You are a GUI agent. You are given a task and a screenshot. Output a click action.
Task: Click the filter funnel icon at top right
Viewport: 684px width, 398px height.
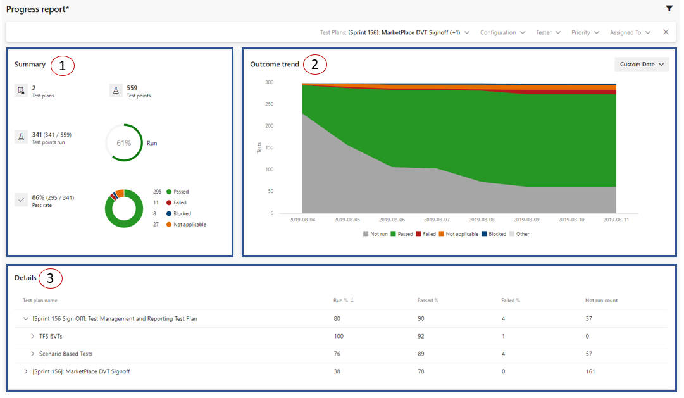click(x=669, y=9)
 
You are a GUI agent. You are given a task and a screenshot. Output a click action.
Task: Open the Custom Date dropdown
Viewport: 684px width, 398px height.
click(x=642, y=65)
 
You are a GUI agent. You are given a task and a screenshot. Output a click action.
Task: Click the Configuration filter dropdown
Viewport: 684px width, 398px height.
click(x=502, y=32)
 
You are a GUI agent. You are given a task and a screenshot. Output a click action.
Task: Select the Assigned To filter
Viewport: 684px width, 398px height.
click(x=630, y=32)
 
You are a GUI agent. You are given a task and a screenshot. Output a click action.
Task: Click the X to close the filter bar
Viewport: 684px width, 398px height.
click(x=666, y=32)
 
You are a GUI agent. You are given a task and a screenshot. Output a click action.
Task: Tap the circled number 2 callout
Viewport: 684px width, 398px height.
click(x=315, y=65)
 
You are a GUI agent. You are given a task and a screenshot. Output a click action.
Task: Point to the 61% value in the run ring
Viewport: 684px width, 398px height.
click(x=124, y=143)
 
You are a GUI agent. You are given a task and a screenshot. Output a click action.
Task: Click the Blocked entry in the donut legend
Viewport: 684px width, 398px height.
click(x=182, y=214)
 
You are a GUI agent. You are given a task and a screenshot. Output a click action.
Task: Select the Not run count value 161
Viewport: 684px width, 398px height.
click(x=590, y=371)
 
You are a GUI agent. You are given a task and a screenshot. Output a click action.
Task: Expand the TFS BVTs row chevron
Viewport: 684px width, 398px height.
click(x=33, y=336)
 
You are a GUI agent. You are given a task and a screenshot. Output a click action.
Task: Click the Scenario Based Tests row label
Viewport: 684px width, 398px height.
click(x=66, y=354)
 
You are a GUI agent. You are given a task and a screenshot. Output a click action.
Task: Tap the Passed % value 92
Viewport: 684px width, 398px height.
click(x=421, y=336)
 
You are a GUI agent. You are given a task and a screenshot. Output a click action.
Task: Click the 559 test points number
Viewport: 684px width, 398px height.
click(x=132, y=88)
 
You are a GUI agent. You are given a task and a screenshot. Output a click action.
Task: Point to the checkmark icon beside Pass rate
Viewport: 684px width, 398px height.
click(x=21, y=199)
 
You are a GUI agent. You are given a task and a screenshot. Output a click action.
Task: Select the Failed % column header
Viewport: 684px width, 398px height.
click(x=511, y=301)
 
